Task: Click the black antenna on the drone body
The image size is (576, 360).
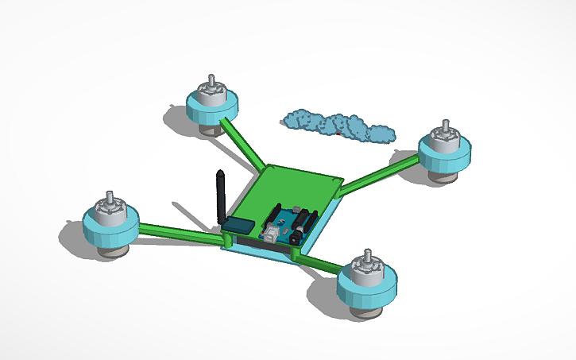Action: coord(220,195)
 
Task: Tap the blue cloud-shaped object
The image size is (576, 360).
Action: coord(338,126)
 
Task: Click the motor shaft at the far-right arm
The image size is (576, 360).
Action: coord(445,128)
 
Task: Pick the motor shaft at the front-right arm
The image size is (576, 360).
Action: coord(367,256)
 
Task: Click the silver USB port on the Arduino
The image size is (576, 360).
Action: coord(272,232)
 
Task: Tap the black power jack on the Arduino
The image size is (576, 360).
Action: coord(298,234)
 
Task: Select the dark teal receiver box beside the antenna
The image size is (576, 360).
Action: coord(238,225)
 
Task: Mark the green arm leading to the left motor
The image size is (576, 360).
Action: coord(179,234)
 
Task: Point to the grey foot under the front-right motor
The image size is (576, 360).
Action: coord(368,312)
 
